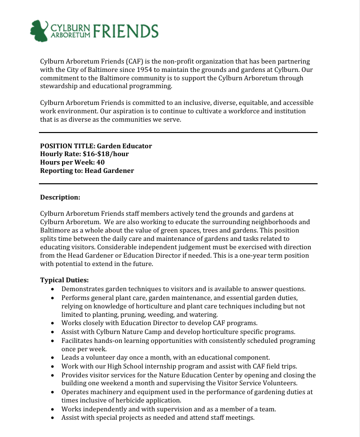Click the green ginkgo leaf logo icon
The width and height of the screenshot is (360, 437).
click(39, 31)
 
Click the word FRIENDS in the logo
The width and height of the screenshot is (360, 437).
click(125, 31)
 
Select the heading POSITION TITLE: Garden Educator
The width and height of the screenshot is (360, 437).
click(96, 146)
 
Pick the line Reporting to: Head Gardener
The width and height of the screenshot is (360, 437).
click(87, 170)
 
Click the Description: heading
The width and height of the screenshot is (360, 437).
click(60, 197)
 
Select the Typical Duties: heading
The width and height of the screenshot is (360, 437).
click(64, 280)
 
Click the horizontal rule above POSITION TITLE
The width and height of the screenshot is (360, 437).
click(178, 132)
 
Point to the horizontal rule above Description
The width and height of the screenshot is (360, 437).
click(178, 184)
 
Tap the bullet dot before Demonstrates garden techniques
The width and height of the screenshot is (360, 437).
click(53, 289)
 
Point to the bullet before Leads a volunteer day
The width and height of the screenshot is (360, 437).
click(53, 358)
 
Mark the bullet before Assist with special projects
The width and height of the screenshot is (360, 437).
click(53, 418)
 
